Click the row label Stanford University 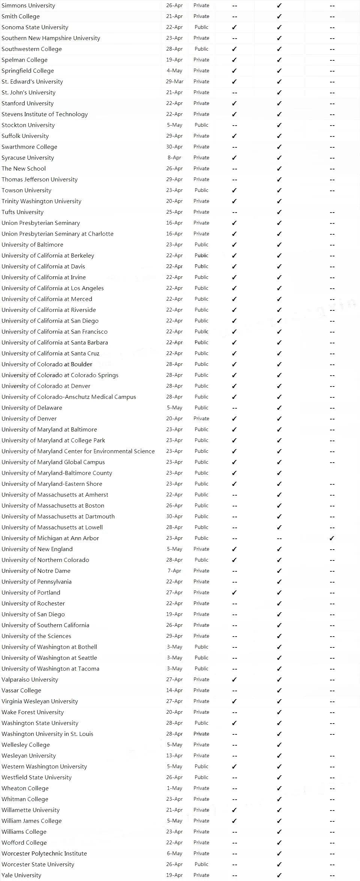click(x=27, y=103)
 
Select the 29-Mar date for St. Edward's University click(x=174, y=81)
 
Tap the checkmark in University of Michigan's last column click(x=332, y=538)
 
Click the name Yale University click(x=21, y=875)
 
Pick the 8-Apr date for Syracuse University click(x=174, y=157)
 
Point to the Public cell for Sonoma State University click(x=201, y=27)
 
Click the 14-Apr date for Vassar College click(x=174, y=690)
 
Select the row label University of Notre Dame click(x=36, y=571)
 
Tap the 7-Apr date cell click(x=174, y=571)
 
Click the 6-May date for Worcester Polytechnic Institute click(x=174, y=853)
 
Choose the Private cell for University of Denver click(x=201, y=418)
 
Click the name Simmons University click(x=28, y=5)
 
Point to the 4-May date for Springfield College click(x=174, y=70)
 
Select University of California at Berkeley click(x=48, y=255)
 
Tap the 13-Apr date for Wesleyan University click(x=174, y=755)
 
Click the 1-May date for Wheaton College click(x=174, y=788)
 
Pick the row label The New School click(x=24, y=168)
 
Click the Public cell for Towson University click(x=201, y=190)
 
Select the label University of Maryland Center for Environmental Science click(x=78, y=451)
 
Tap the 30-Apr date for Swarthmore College click(x=174, y=147)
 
